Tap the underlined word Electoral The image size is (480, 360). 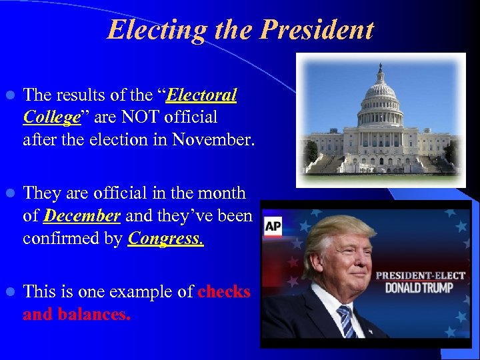tap(202, 95)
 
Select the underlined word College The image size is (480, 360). tap(51, 117)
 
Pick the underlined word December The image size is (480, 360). tap(82, 216)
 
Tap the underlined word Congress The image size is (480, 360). tap(166, 238)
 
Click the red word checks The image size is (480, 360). tap(224, 291)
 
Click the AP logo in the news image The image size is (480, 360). tap(273, 227)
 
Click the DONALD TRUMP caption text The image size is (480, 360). tap(419, 288)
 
